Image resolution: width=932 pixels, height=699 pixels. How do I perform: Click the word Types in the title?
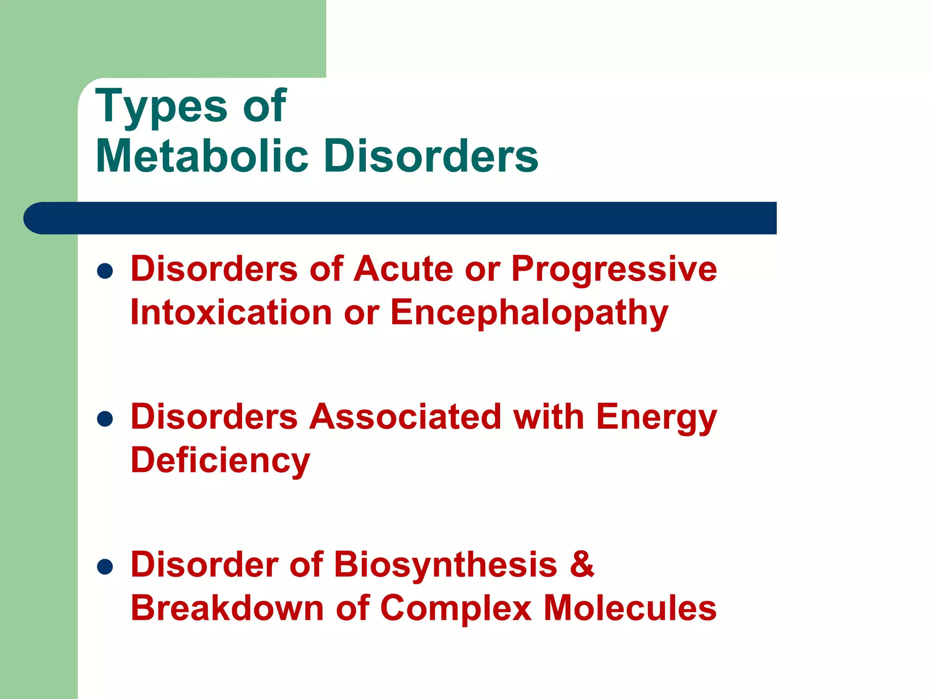tap(161, 106)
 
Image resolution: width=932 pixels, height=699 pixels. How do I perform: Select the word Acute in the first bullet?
tap(404, 268)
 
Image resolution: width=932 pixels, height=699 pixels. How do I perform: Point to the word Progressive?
tap(614, 269)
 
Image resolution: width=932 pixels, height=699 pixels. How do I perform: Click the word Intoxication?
tap(231, 313)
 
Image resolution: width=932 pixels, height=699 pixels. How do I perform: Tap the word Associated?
tap(405, 416)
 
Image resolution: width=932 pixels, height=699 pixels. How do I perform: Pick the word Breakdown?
tap(227, 608)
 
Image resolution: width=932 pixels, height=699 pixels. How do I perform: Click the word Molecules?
tap(630, 608)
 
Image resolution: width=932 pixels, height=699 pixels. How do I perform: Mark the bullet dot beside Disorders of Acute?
tap(105, 271)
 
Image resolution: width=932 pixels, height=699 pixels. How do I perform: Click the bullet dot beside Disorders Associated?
tap(105, 419)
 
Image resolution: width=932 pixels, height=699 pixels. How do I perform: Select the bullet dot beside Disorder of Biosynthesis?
tap(105, 567)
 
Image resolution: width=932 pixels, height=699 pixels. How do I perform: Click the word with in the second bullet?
tap(549, 416)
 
